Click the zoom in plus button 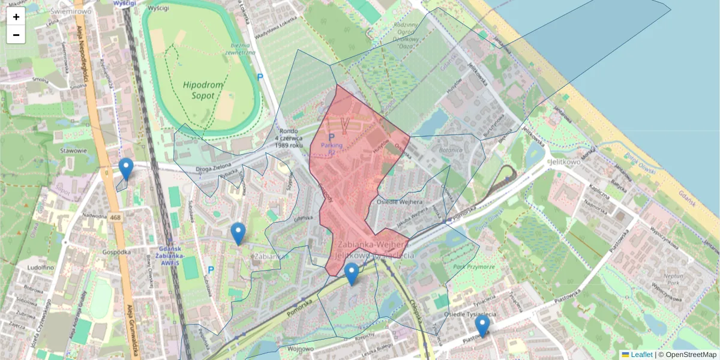(16, 17)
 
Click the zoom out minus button (16, 35)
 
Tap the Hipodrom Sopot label (203, 91)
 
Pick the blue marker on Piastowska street (482, 326)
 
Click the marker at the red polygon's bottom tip (352, 274)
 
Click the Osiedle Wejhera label (400, 202)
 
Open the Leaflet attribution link (641, 355)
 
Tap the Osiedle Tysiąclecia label (469, 314)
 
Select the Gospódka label (116, 252)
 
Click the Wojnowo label (301, 349)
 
